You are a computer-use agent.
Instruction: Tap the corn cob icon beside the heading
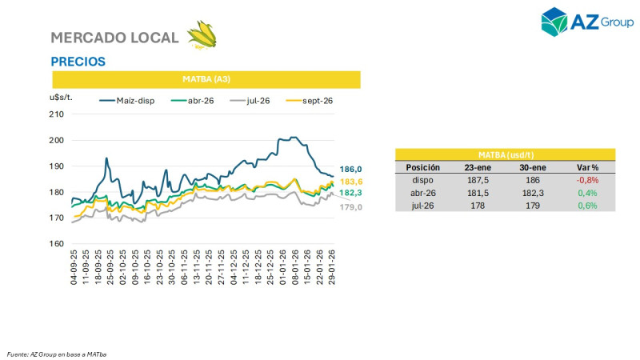(201, 36)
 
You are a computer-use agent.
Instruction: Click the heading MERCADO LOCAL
(115, 38)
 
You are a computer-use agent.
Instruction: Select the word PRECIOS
(78, 62)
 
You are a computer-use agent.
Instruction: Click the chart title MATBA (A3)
(206, 79)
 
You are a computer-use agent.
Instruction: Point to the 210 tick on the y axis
(57, 114)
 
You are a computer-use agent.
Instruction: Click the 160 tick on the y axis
(57, 244)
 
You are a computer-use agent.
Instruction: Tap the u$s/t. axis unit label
(62, 97)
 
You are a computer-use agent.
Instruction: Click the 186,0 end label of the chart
(351, 170)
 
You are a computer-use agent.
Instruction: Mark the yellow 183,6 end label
(351, 182)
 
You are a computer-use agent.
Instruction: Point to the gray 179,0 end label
(351, 207)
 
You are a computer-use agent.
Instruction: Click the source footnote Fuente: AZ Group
(57, 353)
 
